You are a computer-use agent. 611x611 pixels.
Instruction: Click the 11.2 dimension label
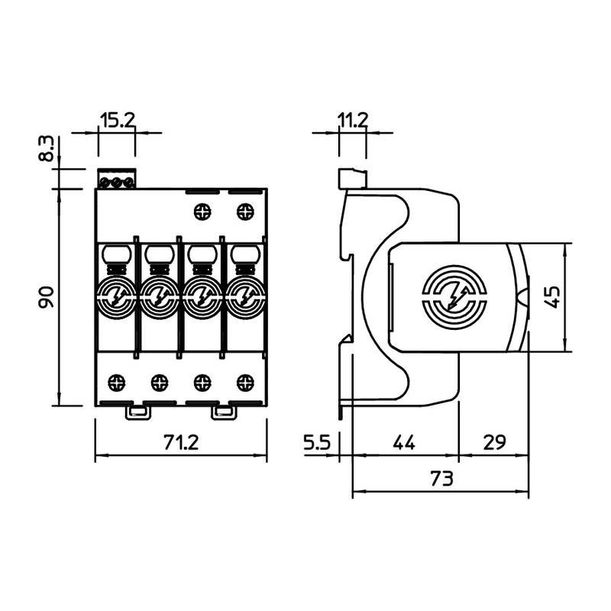[x=352, y=119]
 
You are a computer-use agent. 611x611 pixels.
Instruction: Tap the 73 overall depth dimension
[x=441, y=480]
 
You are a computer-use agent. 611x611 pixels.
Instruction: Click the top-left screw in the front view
[x=203, y=209]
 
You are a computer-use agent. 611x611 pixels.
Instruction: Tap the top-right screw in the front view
[x=245, y=209]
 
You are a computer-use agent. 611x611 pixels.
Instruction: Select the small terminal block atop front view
[x=116, y=180]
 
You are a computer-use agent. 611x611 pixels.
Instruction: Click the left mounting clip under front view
[x=137, y=412]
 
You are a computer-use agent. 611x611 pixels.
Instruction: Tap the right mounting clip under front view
[x=223, y=412]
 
